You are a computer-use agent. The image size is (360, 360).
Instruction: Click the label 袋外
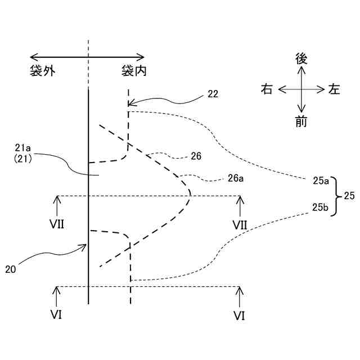(x=44, y=71)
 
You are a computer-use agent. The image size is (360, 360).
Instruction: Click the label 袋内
(x=133, y=71)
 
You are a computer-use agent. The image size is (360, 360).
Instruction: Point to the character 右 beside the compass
(x=267, y=89)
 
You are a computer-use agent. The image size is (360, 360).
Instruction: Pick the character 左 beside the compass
(x=335, y=89)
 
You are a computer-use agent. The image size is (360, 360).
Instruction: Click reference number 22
(x=213, y=94)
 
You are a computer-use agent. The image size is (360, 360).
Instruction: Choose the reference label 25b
(x=321, y=208)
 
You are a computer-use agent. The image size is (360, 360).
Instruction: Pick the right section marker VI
(x=240, y=315)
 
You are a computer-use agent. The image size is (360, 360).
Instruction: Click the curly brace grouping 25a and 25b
(x=335, y=196)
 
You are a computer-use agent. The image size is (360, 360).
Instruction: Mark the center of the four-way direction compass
(x=301, y=89)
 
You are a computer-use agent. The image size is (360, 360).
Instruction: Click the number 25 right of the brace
(x=349, y=196)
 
